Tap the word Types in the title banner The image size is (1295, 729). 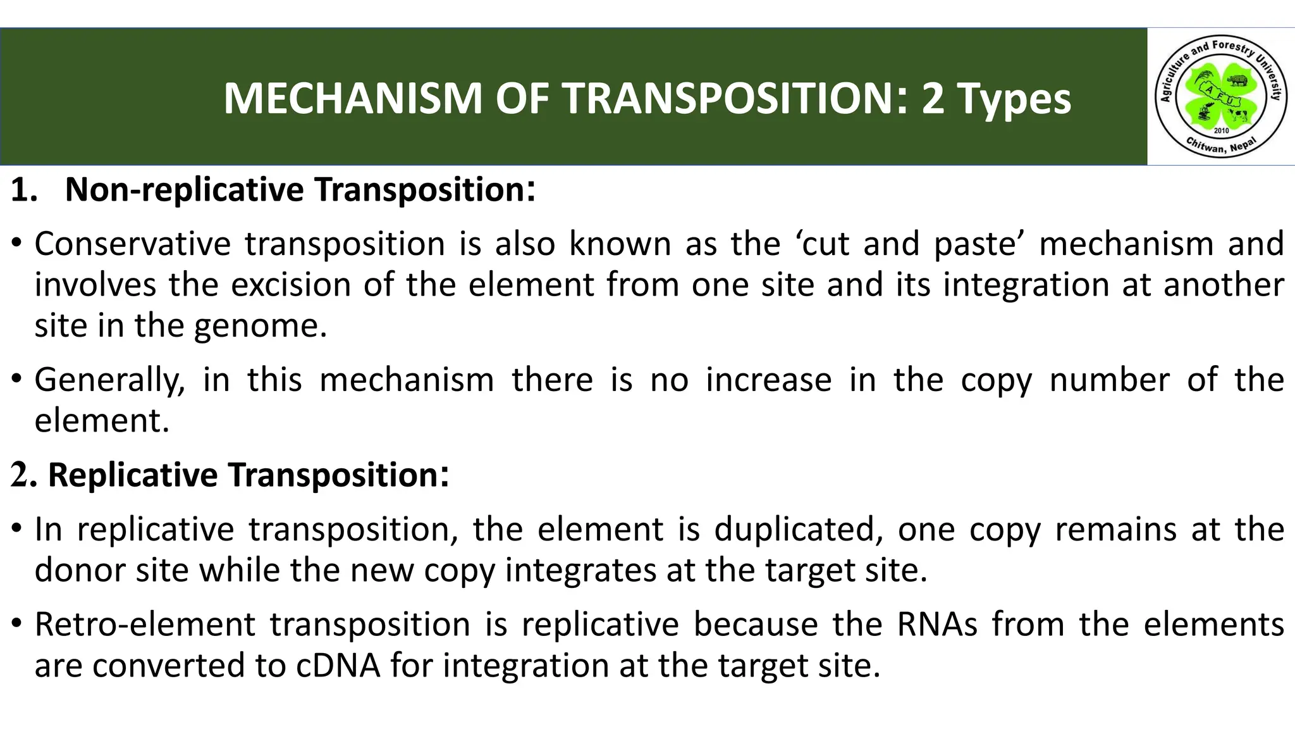1014,100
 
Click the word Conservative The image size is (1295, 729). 133,244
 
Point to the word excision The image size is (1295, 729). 290,285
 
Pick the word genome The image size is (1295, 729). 260,327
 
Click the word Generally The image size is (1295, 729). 109,380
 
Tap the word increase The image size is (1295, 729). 768,380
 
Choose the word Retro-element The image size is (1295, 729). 145,625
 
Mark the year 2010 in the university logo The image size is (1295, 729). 1221,130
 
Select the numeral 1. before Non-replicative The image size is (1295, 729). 25,190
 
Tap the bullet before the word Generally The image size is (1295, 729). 17,379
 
